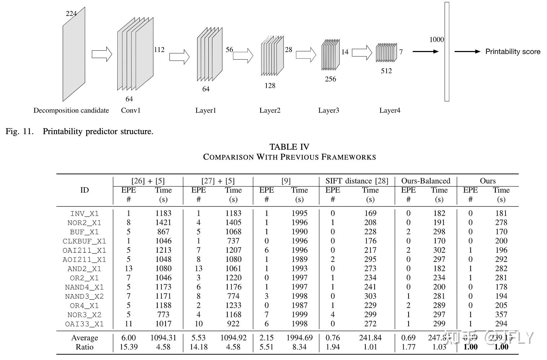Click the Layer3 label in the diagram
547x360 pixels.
pos(328,110)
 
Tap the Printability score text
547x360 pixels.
pos(513,52)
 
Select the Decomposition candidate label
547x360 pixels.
pos(71,110)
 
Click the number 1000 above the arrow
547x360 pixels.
pos(436,40)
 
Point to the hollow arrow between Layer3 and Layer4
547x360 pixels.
pos(362,52)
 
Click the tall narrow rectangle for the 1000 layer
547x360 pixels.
pos(447,51)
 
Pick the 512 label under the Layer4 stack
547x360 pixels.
pos(386,71)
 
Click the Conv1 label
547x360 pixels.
pos(131,110)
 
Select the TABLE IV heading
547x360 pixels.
pos(289,147)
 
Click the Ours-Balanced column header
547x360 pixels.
pos(425,181)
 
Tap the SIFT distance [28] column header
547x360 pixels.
pos(356,181)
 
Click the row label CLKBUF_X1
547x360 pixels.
pos(84,241)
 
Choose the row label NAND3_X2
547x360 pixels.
pos(84,296)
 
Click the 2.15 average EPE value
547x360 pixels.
pos(266,338)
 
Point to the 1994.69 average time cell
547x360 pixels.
pos(299,338)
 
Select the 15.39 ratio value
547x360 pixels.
pos(129,347)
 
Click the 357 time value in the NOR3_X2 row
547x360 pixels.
pos(501,315)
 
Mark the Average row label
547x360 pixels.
pos(84,338)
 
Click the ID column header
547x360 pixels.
pos(84,190)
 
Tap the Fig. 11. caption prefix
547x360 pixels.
pos(20,131)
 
